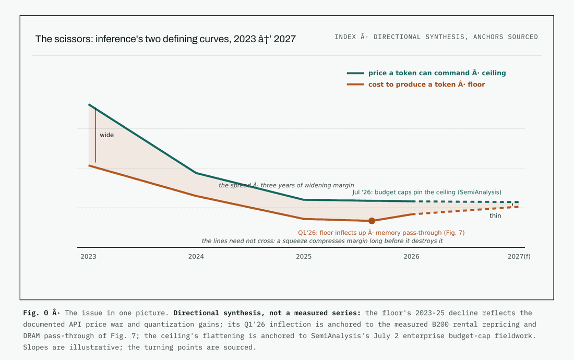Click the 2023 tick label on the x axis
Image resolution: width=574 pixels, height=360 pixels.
tap(88, 257)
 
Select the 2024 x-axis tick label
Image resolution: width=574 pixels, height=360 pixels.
tap(196, 257)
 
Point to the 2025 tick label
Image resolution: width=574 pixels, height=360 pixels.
tap(304, 257)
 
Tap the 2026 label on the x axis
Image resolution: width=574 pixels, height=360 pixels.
tap(411, 257)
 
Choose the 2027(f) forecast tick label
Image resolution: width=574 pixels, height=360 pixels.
tap(519, 257)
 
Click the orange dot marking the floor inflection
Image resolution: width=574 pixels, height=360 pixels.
tap(372, 221)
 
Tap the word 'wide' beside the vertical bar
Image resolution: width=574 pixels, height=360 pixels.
tap(106, 135)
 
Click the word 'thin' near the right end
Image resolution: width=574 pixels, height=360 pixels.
tap(495, 216)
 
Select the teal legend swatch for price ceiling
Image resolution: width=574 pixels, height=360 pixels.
tap(355, 73)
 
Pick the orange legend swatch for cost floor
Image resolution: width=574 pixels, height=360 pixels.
tap(355, 85)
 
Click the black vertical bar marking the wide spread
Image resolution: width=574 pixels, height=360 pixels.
tap(95, 135)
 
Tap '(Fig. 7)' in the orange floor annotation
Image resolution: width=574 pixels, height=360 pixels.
tap(454, 233)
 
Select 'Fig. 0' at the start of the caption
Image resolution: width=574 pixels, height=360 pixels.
tap(35, 313)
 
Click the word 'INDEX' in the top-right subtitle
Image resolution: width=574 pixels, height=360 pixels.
tap(345, 37)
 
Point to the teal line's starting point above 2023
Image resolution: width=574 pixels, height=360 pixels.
tap(89, 105)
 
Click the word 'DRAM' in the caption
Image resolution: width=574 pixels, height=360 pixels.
tap(31, 335)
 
